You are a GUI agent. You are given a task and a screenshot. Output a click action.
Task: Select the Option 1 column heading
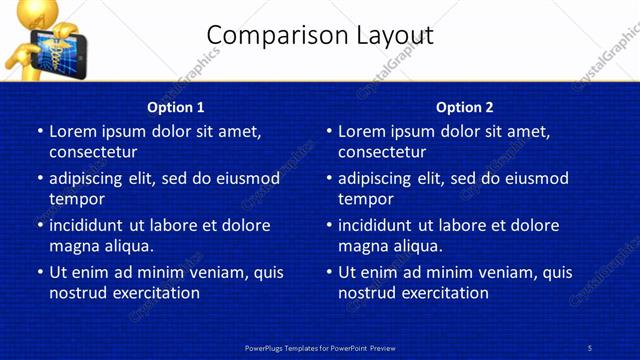175,107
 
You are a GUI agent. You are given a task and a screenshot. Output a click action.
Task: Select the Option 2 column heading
464,107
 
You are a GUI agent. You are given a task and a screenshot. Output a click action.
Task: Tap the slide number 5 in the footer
589,347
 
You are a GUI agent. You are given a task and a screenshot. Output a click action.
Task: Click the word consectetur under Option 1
93,152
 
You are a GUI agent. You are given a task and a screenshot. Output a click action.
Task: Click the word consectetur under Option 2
382,152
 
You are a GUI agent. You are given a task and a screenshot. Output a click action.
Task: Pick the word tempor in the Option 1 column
77,199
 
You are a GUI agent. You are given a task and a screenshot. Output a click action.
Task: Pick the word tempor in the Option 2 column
366,199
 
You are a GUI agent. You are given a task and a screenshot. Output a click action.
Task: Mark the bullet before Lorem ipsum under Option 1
40,131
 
